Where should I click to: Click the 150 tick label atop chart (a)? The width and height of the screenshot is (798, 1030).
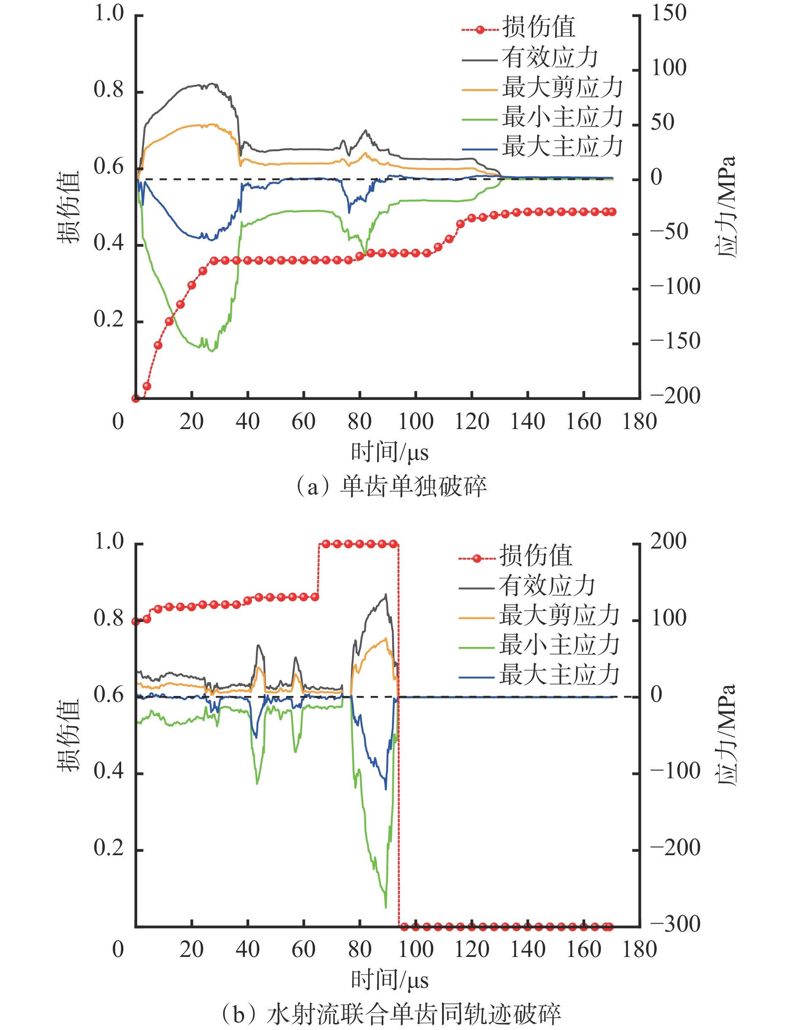click(669, 13)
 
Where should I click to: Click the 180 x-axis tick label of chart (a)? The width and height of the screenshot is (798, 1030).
click(639, 421)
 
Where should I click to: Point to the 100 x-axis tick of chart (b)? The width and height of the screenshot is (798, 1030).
click(415, 949)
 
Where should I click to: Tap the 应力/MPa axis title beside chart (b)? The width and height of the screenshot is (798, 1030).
click(726, 735)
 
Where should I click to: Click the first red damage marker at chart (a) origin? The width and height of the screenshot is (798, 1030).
click(136, 399)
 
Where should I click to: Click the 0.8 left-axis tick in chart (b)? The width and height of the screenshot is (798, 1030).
click(109, 619)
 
